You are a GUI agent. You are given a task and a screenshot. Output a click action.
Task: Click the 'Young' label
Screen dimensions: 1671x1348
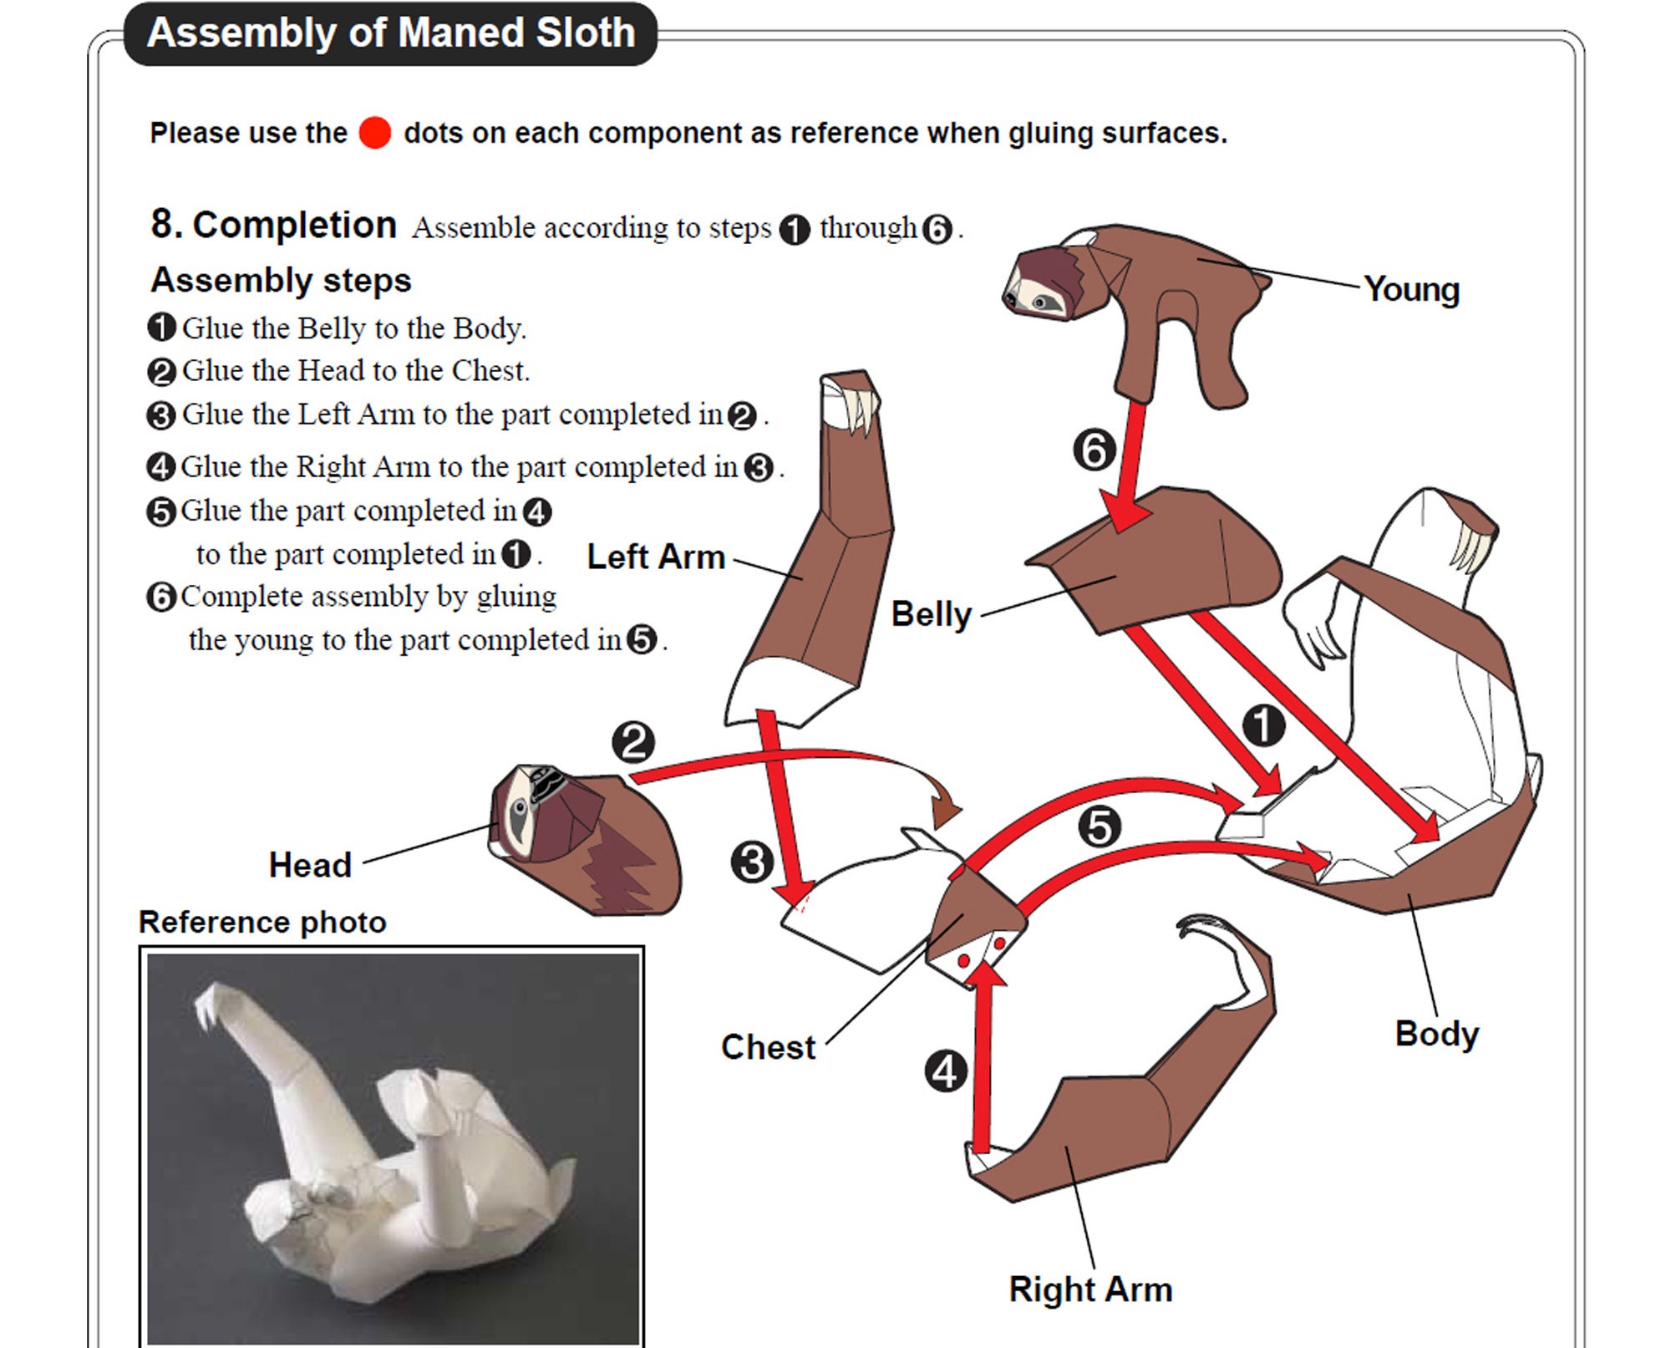click(1411, 289)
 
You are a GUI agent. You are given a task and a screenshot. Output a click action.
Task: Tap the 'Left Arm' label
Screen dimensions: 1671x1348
click(656, 557)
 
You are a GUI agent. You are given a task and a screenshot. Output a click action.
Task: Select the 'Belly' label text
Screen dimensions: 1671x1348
click(932, 615)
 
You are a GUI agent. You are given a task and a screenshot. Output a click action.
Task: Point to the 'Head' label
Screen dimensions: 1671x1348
click(310, 865)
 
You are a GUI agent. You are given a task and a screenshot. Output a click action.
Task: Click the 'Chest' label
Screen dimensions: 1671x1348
click(768, 1047)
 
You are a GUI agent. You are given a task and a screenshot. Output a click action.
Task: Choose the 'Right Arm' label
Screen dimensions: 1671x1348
click(1090, 1290)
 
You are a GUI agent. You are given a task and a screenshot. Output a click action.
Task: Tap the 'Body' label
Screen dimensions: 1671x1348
click(1437, 1035)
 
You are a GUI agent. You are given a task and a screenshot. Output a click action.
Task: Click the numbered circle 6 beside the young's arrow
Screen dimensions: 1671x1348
click(1095, 450)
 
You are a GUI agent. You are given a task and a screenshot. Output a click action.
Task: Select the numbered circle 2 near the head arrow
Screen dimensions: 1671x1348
click(633, 742)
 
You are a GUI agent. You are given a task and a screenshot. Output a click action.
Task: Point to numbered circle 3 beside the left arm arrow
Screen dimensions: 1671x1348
click(752, 862)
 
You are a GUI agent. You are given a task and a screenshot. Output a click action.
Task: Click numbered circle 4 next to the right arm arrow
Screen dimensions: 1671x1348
click(946, 1071)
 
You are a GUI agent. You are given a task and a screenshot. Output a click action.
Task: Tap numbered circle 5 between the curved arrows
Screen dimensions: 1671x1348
click(1100, 827)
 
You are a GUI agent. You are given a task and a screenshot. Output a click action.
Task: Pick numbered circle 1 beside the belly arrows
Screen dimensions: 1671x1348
click(1263, 725)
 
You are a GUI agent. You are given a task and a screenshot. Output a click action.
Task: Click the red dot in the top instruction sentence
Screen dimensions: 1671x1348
click(375, 133)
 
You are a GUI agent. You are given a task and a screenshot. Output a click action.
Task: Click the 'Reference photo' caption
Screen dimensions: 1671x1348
click(262, 922)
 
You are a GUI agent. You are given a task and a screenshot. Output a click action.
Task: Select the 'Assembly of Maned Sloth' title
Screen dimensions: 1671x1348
click(391, 33)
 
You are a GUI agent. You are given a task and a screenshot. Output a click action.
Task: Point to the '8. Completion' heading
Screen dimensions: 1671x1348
click(273, 225)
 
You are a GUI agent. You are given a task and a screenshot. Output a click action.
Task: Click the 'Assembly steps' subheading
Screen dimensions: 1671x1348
click(281, 281)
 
